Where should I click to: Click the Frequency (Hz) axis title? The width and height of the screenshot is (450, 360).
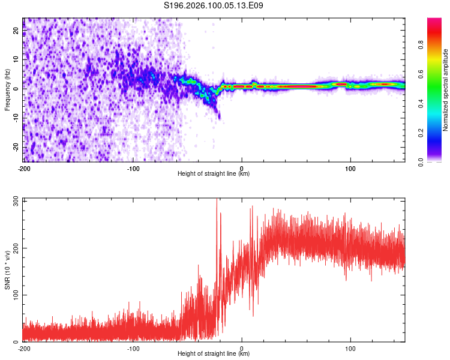pos(7,90)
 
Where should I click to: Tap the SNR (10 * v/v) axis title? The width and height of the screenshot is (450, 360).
pos(7,270)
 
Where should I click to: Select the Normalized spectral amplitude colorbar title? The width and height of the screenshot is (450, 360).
pos(446,90)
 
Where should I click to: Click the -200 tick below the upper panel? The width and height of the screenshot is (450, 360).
pos(24,169)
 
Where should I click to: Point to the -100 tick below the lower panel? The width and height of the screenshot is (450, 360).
pos(133,348)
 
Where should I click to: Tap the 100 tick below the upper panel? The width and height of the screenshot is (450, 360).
pos(350,169)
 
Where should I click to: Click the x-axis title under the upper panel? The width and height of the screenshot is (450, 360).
pos(214,174)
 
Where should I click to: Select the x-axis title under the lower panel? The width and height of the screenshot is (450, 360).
pos(214,353)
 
